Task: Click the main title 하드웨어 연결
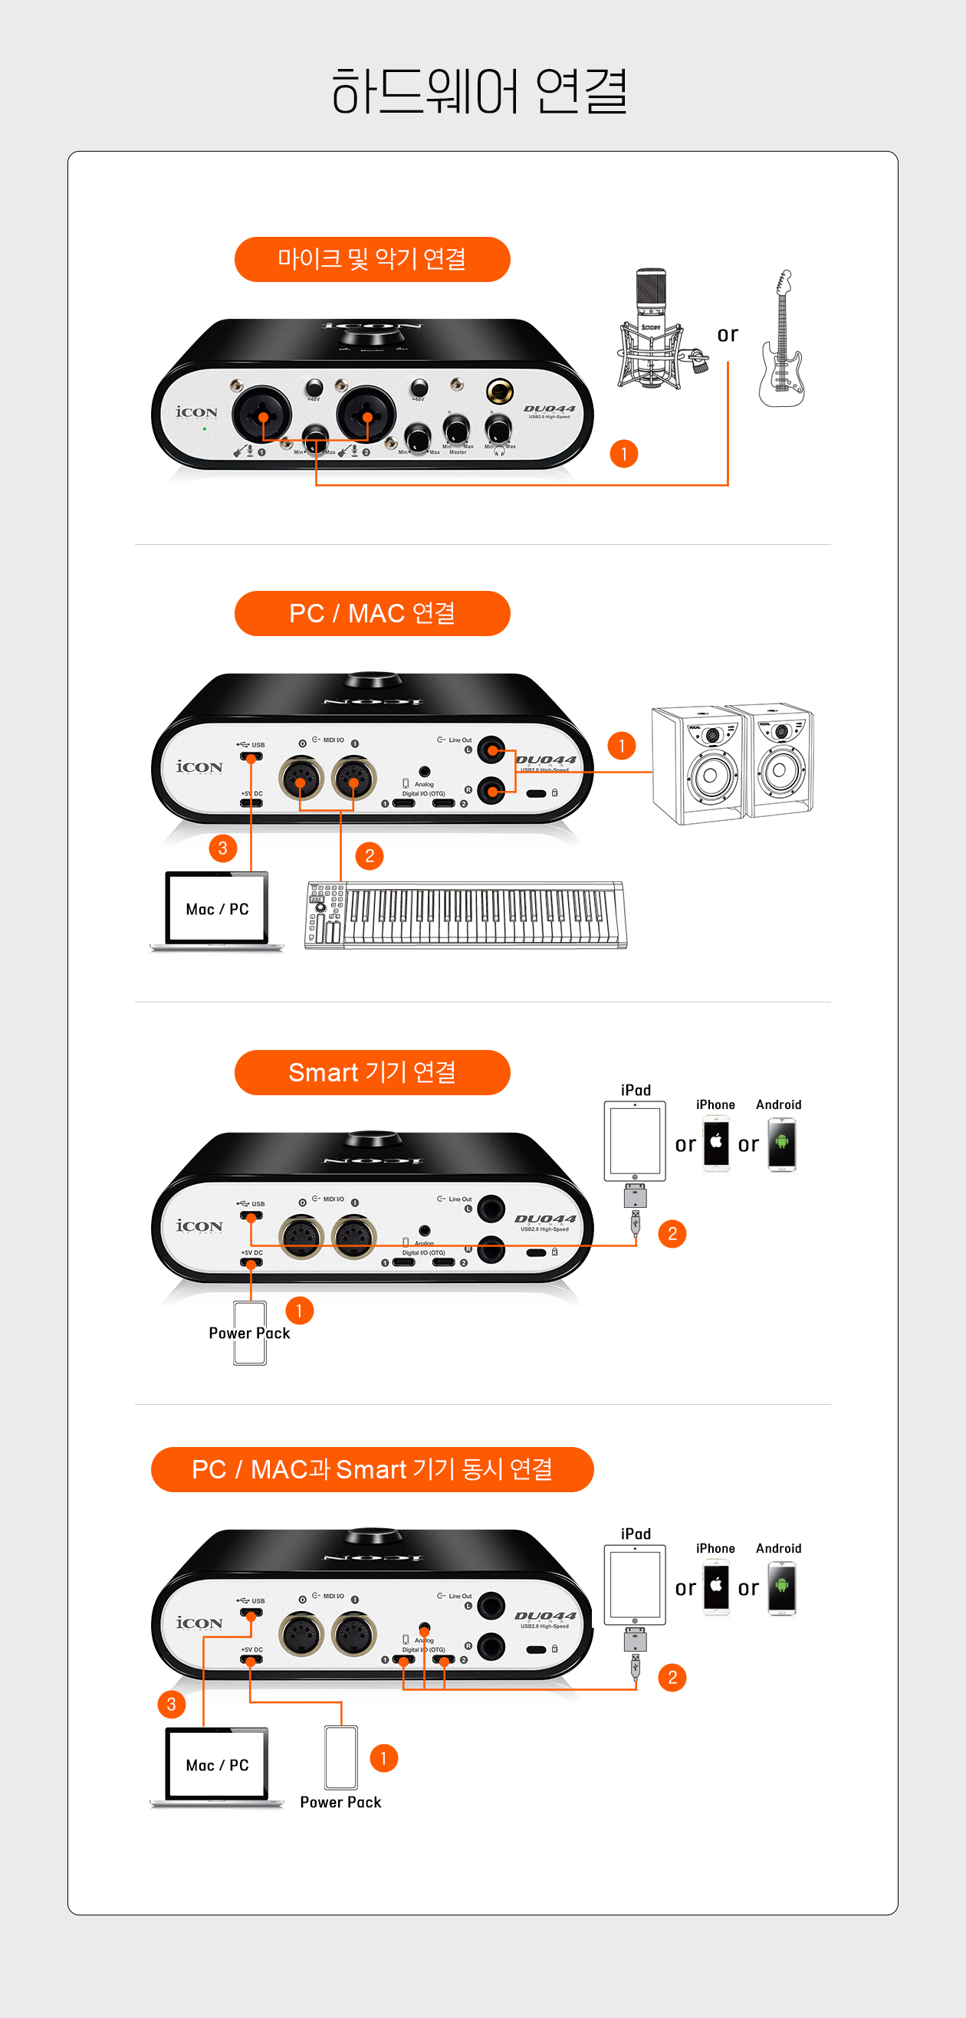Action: click(478, 92)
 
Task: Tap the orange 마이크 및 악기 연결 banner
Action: click(372, 259)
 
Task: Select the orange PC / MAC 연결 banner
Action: click(372, 613)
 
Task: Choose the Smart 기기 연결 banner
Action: click(372, 1072)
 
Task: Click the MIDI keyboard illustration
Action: click(466, 915)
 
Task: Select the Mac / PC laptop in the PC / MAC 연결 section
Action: click(217, 911)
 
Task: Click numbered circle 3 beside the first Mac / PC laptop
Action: click(223, 848)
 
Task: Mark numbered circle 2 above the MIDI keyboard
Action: click(370, 856)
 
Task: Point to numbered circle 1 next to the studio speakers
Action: click(622, 746)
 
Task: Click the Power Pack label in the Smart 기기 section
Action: click(249, 1334)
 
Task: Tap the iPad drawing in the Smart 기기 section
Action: click(635, 1141)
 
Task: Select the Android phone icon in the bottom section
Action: click(782, 1588)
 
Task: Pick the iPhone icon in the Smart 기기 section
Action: click(716, 1144)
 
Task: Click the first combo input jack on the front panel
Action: click(261, 415)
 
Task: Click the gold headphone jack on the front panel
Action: click(499, 389)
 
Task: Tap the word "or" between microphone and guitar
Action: click(728, 334)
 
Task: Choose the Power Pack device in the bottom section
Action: click(341, 1757)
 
